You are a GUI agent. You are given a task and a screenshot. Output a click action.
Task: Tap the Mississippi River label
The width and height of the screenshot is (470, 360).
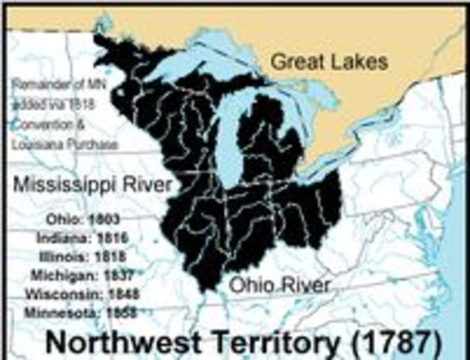[x=92, y=184]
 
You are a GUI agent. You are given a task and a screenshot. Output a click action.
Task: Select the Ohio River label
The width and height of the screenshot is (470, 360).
[x=280, y=285]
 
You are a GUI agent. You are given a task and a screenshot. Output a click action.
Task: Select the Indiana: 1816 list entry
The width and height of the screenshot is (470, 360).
[x=83, y=238]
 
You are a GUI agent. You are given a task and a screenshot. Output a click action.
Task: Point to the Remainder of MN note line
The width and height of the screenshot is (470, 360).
[x=60, y=86]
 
